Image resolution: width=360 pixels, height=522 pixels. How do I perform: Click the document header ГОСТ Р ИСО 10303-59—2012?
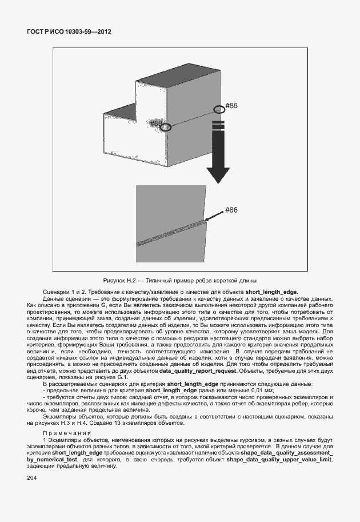(x=69, y=32)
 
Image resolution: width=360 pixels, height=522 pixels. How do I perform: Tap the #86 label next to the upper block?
(x=231, y=106)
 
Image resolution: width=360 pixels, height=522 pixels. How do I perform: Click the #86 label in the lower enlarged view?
(x=231, y=210)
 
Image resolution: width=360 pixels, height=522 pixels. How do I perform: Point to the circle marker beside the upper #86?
(x=219, y=109)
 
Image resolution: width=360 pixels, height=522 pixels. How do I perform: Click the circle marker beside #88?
(x=166, y=127)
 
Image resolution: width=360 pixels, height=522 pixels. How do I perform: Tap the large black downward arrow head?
(x=218, y=174)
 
